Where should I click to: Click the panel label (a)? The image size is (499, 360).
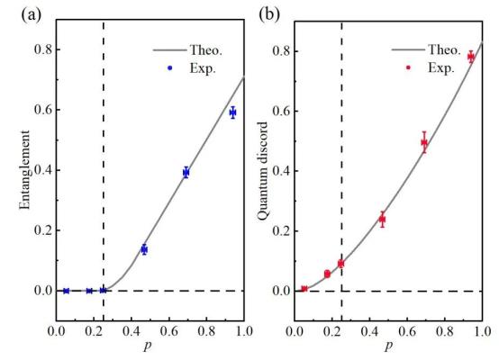pyautogui.click(x=32, y=14)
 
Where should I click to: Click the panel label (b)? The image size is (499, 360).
pyautogui.click(x=269, y=14)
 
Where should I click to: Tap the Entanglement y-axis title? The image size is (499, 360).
pyautogui.click(x=24, y=170)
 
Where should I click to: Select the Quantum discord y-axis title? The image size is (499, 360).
pyautogui.click(x=263, y=172)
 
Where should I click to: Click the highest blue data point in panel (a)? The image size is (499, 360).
pyautogui.click(x=233, y=112)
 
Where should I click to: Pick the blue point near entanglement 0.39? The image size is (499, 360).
pyautogui.click(x=186, y=173)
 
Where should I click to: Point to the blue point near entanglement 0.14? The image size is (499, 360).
pyautogui.click(x=144, y=249)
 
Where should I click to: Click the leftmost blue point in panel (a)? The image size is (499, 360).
pyautogui.click(x=66, y=291)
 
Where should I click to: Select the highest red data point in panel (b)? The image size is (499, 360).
pyautogui.click(x=471, y=58)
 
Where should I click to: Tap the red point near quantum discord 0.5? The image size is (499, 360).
pyautogui.click(x=424, y=142)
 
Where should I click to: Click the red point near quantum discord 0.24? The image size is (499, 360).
pyautogui.click(x=382, y=219)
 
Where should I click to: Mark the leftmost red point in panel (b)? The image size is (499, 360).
pyautogui.click(x=304, y=289)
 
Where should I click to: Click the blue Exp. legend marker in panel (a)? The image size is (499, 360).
pyautogui.click(x=170, y=67)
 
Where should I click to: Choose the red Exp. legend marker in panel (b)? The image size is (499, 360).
pyautogui.click(x=408, y=67)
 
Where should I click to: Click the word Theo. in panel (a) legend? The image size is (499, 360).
pyautogui.click(x=206, y=49)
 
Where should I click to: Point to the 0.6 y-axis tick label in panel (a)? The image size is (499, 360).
pyautogui.click(x=42, y=110)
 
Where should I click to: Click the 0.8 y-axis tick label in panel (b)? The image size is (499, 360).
pyautogui.click(x=281, y=51)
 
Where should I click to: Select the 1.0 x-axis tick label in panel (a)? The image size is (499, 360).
pyautogui.click(x=244, y=331)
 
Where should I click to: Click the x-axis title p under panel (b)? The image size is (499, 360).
pyautogui.click(x=388, y=346)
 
